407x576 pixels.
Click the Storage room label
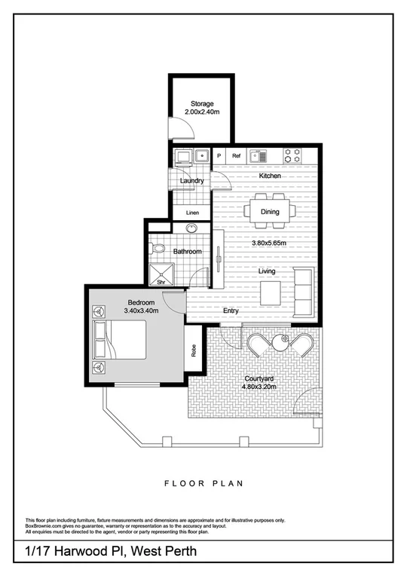click(x=201, y=103)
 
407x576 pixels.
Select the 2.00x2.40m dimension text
click(x=201, y=112)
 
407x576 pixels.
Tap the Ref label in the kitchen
click(x=236, y=156)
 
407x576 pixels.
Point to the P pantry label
click(x=219, y=156)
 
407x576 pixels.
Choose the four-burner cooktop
click(x=292, y=155)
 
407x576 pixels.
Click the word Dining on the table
click(x=270, y=212)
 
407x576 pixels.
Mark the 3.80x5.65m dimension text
click(x=270, y=244)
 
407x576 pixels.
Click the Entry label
click(x=231, y=310)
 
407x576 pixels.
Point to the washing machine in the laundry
click(x=182, y=157)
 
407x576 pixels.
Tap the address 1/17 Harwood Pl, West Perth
click(x=112, y=552)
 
